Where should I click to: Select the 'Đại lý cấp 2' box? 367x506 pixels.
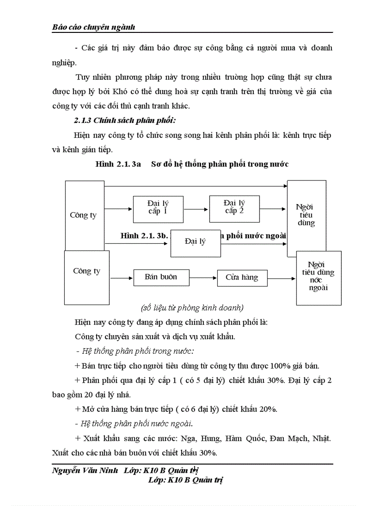tap(234, 209)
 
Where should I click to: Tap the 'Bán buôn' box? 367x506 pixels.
tap(161, 277)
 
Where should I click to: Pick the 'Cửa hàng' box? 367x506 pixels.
tap(242, 278)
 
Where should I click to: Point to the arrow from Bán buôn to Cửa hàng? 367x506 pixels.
tap(202, 278)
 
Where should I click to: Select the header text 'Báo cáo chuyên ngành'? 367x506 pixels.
tap(94, 27)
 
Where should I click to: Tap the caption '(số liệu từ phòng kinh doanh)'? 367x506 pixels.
tap(192, 308)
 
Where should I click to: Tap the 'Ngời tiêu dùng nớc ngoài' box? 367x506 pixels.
tap(318, 278)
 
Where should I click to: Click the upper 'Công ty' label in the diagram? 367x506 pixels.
tap(83, 215)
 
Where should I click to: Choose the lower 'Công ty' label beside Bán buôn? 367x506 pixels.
tap(87, 271)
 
